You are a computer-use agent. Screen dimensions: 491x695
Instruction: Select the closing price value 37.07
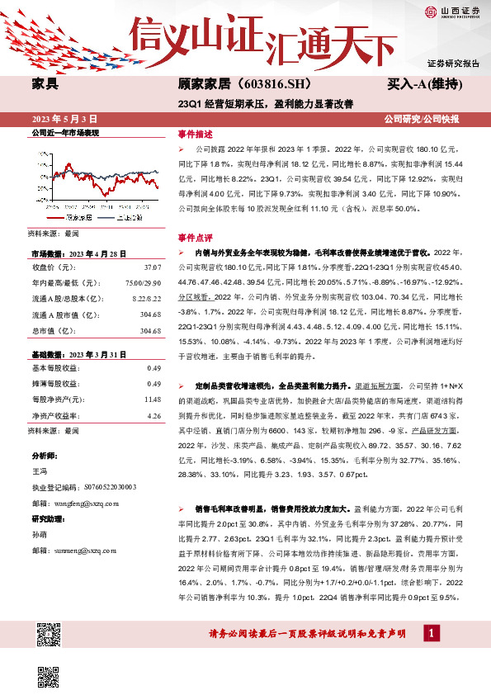click(x=152, y=267)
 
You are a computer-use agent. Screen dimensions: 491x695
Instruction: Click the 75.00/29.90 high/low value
click(x=144, y=283)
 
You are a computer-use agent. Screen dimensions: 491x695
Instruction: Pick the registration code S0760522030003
click(x=102, y=487)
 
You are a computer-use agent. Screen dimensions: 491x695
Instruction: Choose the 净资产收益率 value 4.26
click(x=153, y=415)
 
